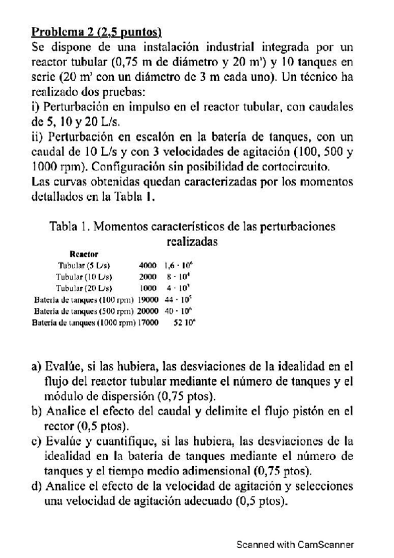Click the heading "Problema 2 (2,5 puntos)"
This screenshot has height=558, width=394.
tap(97, 31)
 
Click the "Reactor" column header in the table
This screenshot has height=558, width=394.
tap(84, 253)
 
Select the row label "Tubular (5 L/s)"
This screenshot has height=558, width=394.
tap(84, 265)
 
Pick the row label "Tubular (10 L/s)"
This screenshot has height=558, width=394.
tap(84, 276)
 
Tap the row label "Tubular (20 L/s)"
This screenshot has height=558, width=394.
tap(84, 288)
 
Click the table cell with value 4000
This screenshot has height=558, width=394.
tap(147, 265)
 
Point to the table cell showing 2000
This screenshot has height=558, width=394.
tap(147, 276)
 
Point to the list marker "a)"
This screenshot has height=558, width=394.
tap(36, 366)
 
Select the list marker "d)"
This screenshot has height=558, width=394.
tap(36, 487)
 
